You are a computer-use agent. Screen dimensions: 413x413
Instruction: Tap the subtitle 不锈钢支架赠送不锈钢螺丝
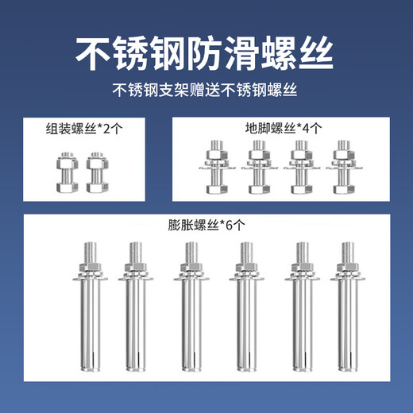[x=206, y=88]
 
